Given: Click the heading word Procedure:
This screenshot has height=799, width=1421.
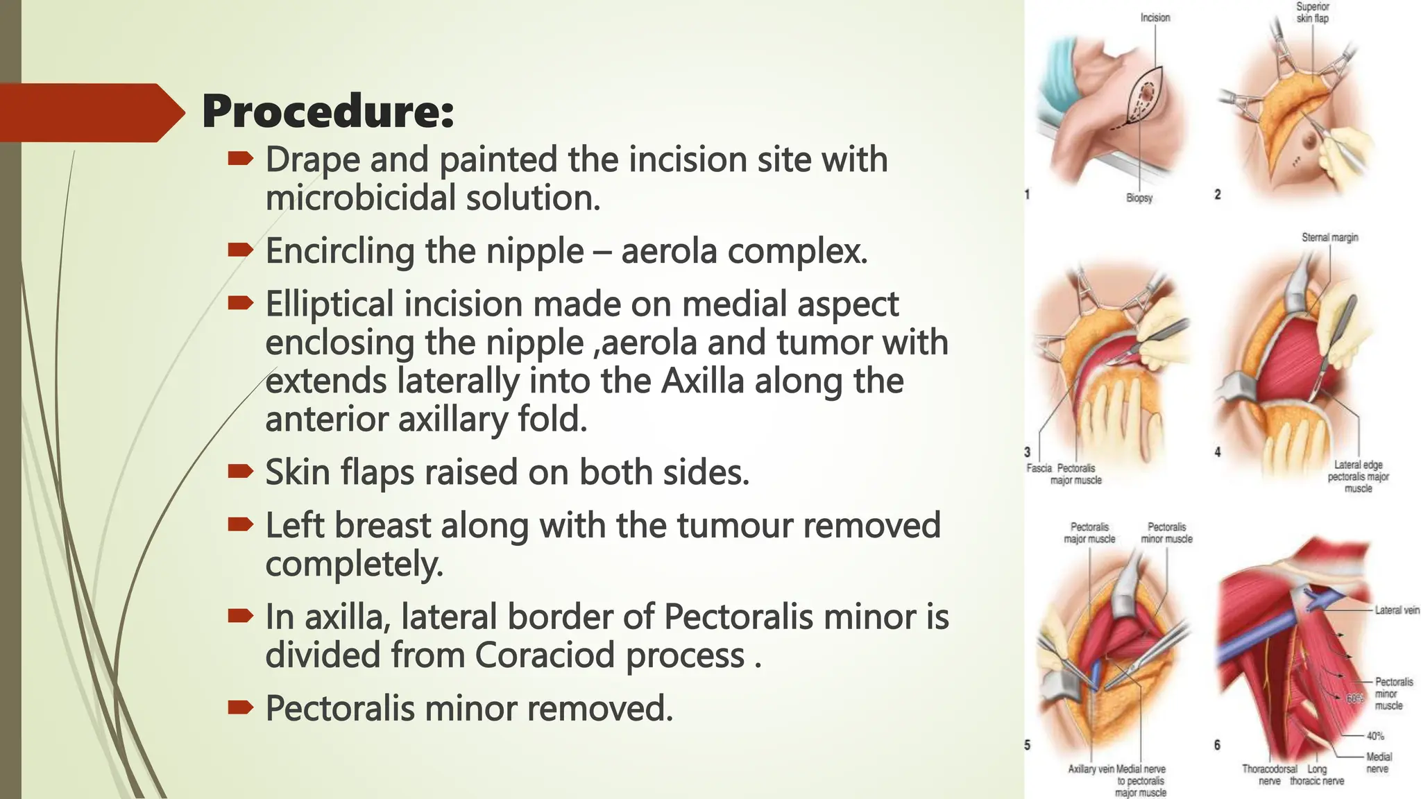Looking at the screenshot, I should click(327, 112).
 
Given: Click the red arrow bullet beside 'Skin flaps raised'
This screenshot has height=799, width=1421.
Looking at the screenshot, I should click(240, 472).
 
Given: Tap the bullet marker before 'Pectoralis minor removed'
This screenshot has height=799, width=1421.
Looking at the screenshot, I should click(240, 708).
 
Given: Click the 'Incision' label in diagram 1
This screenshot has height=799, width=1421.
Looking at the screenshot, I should click(1155, 17).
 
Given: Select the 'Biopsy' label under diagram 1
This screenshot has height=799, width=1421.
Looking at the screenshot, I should click(1139, 198).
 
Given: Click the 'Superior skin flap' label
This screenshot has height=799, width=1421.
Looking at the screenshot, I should click(1312, 12).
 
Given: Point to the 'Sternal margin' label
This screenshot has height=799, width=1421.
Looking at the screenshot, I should click(1329, 237).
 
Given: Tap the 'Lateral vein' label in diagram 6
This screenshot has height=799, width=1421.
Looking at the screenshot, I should click(1397, 610).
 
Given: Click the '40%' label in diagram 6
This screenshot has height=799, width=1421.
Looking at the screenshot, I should click(1375, 736).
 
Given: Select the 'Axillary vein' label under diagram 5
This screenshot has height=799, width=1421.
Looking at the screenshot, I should click(1091, 769).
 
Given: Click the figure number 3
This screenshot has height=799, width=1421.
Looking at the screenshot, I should click(1028, 452).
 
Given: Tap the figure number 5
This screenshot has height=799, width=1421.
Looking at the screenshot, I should click(1028, 745).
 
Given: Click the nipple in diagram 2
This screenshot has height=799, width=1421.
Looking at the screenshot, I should click(1309, 143).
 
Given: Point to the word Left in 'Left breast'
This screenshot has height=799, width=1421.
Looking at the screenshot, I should click(295, 525).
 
